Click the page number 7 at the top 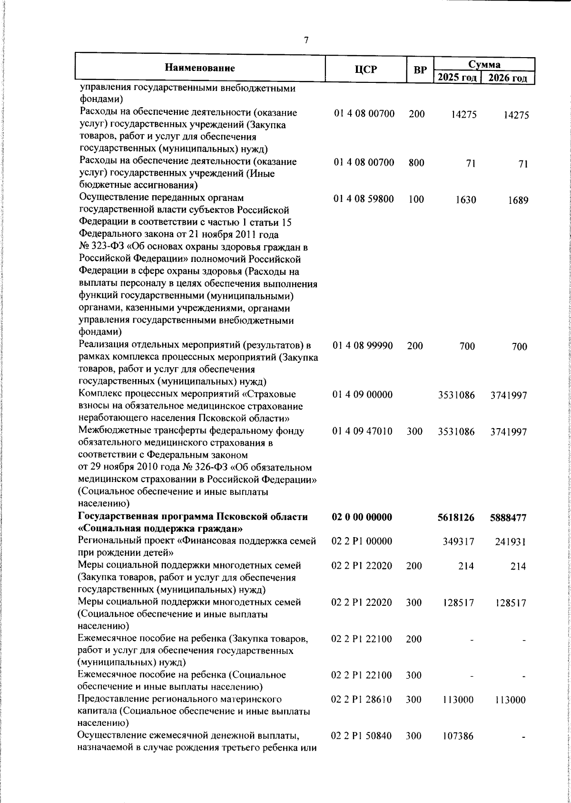click(x=306, y=40)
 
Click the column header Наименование click(x=200, y=68)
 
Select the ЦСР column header click(x=365, y=70)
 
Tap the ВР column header click(x=420, y=70)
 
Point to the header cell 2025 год click(x=457, y=78)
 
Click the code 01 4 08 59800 click(x=364, y=199)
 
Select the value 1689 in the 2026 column click(x=517, y=201)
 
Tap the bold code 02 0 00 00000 click(x=362, y=517)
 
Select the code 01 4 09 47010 click(x=363, y=432)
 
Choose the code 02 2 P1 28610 click(x=362, y=700)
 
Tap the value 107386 click(x=458, y=736)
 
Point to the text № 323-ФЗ click(x=99, y=247)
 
